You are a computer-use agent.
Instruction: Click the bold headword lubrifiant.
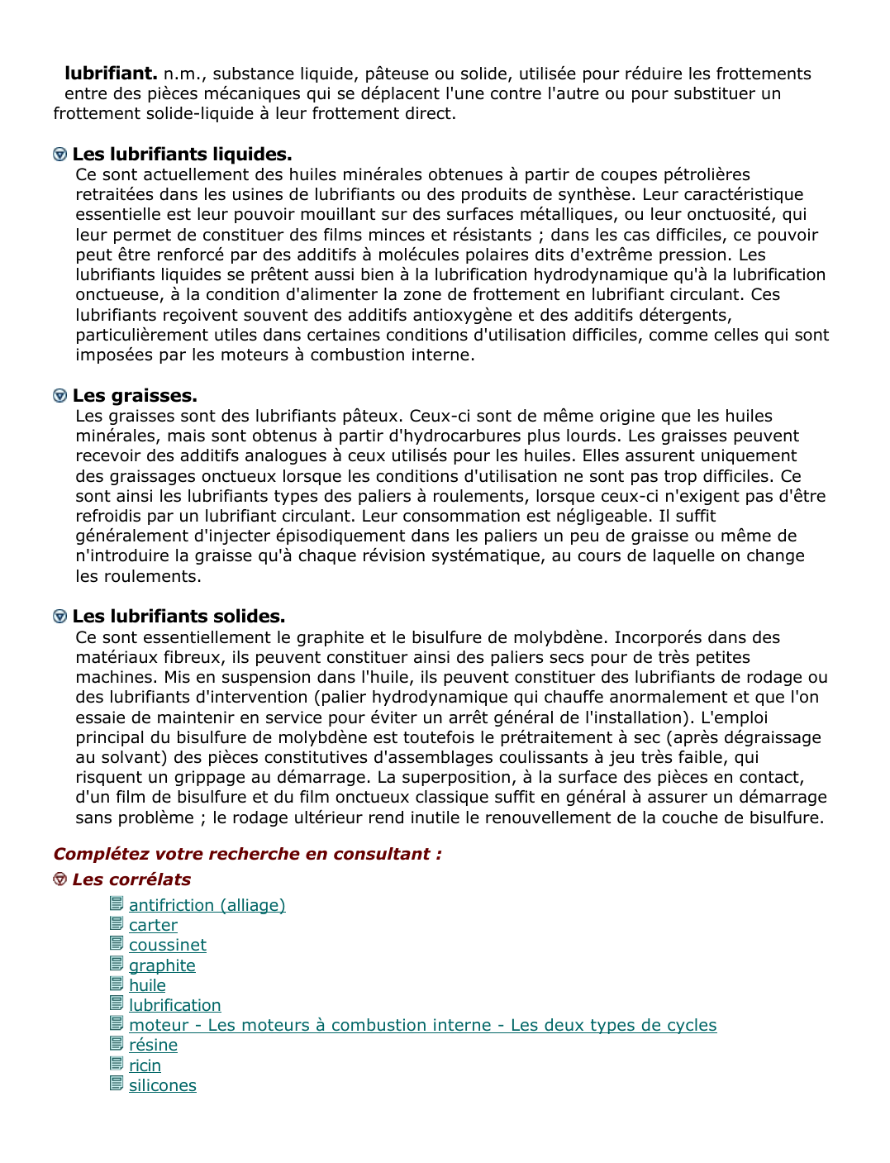111,74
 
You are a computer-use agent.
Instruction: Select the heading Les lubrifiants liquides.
182,155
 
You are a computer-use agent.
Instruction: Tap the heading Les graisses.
135,396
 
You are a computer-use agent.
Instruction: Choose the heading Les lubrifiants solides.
178,617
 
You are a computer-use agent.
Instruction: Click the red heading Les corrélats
131,879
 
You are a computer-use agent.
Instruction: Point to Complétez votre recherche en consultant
247,854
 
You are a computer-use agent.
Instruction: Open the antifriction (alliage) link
207,905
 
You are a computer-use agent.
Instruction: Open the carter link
153,926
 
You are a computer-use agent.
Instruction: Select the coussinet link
167,946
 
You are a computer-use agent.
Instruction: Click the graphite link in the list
162,965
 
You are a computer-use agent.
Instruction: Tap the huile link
147,985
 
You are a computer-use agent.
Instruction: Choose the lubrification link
174,1005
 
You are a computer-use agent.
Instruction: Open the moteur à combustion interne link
422,1026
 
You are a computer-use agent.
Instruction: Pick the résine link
153,1046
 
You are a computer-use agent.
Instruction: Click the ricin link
145,1065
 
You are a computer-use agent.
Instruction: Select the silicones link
162,1086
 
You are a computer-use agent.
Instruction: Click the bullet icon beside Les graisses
59,396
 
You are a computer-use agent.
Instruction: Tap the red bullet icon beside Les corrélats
59,879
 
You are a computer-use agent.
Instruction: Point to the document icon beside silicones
117,1084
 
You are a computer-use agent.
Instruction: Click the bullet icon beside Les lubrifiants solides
59,617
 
